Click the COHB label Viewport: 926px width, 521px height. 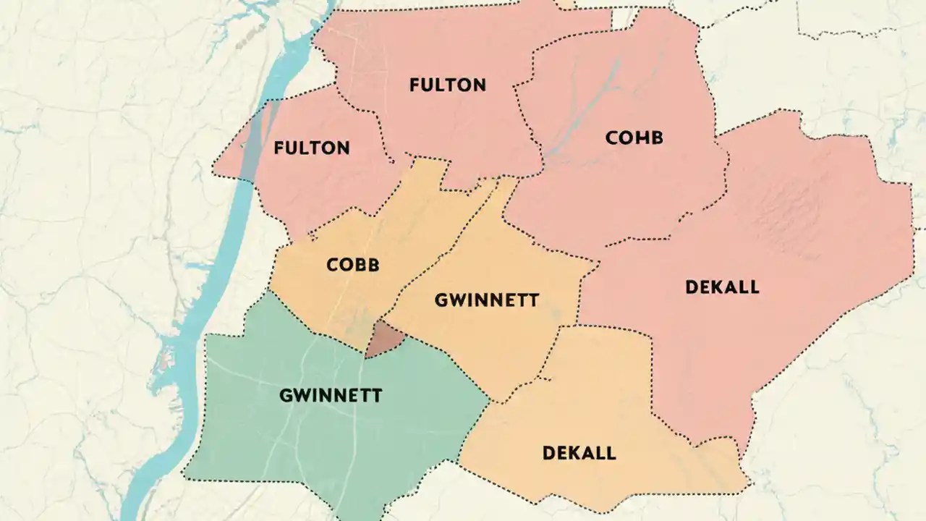[x=634, y=137]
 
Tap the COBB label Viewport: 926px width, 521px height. [x=352, y=265]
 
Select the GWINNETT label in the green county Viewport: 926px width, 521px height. [x=331, y=396]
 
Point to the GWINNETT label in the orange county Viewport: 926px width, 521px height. [x=486, y=300]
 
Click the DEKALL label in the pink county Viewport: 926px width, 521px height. [x=721, y=287]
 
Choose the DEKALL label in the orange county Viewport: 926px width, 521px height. [x=579, y=454]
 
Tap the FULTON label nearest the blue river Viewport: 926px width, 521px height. [x=312, y=148]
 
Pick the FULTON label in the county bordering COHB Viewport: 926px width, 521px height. [x=447, y=85]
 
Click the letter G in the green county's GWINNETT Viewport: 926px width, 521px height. [x=285, y=396]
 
